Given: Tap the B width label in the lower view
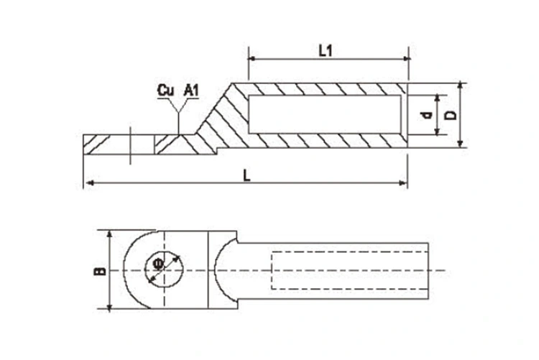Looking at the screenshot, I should click(100, 271).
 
